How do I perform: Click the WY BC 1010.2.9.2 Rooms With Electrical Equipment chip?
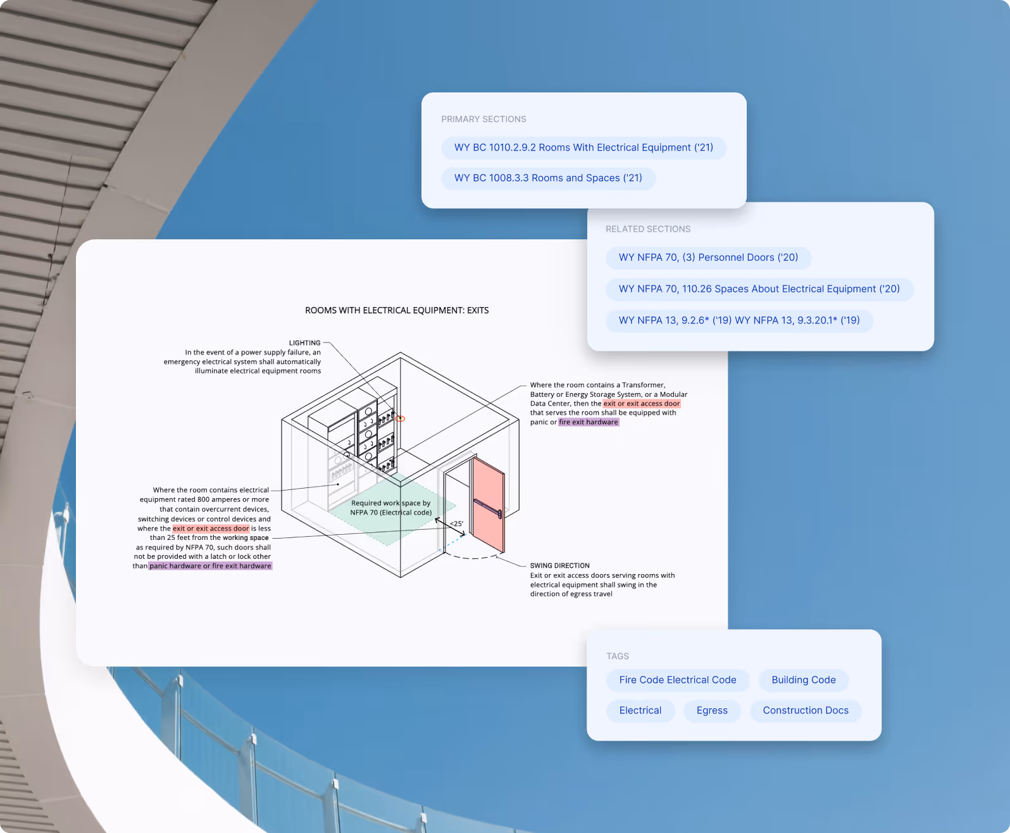[583, 147]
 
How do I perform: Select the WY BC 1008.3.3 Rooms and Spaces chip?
[548, 178]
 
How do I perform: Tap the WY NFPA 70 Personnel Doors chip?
[708, 258]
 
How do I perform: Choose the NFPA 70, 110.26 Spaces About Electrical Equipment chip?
[759, 289]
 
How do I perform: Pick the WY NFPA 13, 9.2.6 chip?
[739, 320]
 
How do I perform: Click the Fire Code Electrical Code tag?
[678, 680]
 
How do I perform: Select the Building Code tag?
[804, 680]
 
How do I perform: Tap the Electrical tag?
[640, 710]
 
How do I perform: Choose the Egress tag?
[712, 710]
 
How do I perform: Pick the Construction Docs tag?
[806, 710]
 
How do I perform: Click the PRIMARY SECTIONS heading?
[483, 119]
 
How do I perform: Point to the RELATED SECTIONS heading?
[648, 229]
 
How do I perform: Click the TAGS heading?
[618, 656]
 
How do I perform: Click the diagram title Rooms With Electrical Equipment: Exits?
[397, 310]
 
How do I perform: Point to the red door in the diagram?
[488, 503]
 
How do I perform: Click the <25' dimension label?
[456, 523]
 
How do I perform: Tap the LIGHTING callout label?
[305, 342]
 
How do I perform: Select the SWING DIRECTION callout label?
[559, 565]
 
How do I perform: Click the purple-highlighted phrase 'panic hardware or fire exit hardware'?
[210, 566]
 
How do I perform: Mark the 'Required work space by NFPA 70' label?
[391, 508]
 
